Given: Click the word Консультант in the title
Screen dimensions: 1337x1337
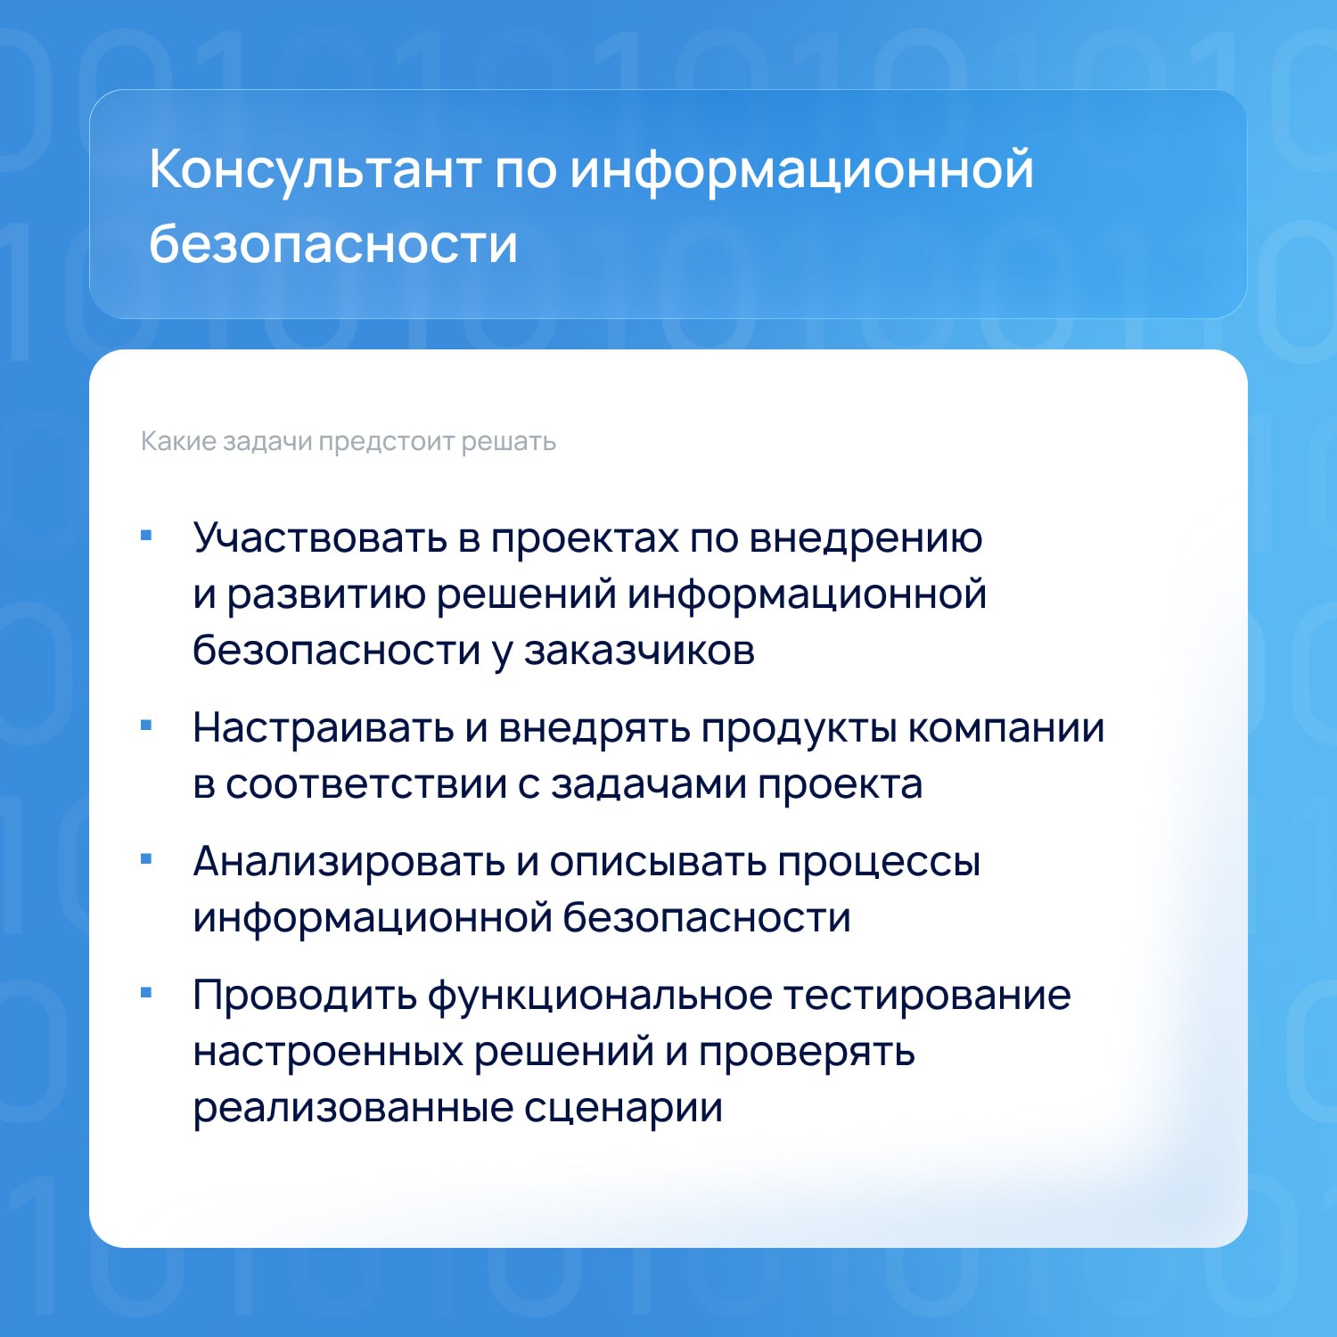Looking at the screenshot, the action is [316, 169].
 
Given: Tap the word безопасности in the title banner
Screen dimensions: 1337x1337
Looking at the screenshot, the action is [333, 242].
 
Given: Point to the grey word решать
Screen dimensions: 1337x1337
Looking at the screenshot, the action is [509, 442].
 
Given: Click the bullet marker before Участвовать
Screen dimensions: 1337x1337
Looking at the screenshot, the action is [147, 536].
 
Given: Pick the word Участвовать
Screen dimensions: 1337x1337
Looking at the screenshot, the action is [320, 537].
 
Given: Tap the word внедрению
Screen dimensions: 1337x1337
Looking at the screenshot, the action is [865, 538].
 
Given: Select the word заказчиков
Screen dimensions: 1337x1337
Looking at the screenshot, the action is [639, 651].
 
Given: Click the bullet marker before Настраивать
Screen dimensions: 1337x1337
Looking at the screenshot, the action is [147, 726].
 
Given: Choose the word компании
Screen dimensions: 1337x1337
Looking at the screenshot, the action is [1006, 729].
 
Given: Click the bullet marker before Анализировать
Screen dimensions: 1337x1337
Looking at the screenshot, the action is [147, 860].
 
